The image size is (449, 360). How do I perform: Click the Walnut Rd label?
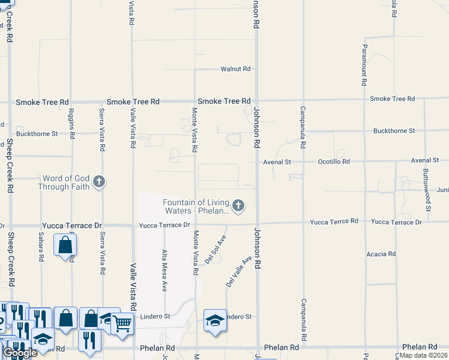(x=235, y=69)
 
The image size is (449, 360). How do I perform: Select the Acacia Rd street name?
(x=381, y=254)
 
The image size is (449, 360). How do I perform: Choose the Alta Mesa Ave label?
(x=164, y=270)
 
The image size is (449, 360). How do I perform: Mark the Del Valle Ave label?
(x=239, y=271)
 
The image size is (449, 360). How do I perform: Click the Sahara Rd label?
(x=41, y=246)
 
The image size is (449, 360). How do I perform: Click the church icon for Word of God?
(x=100, y=181)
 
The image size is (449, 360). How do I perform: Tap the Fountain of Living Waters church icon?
(x=238, y=206)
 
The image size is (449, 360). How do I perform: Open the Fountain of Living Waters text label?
(x=196, y=206)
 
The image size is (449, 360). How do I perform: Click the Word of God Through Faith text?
(x=64, y=182)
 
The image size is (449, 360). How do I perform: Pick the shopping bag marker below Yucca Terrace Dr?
(x=65, y=245)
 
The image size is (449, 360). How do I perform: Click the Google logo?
(x=20, y=353)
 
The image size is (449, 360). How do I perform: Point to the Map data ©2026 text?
(x=424, y=355)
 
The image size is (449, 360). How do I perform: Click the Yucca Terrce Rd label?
(x=334, y=221)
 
